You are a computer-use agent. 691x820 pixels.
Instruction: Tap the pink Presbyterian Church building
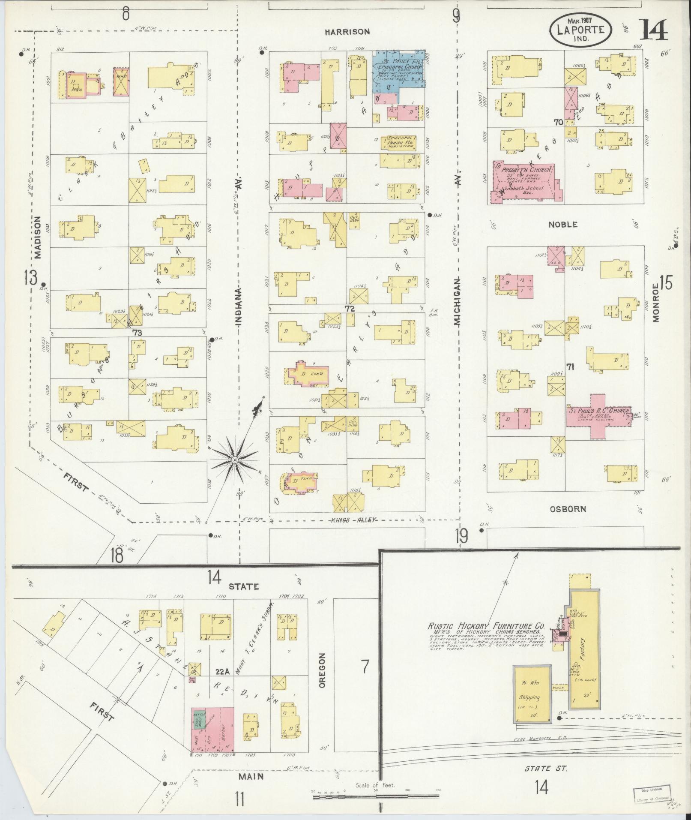coord(524,182)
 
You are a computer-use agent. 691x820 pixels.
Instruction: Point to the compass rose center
coord(234,460)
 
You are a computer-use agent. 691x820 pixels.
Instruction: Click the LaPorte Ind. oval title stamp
coord(581,29)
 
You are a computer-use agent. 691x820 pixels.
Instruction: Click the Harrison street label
coord(347,32)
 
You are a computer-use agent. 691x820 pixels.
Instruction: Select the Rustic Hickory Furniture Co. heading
coord(486,626)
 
